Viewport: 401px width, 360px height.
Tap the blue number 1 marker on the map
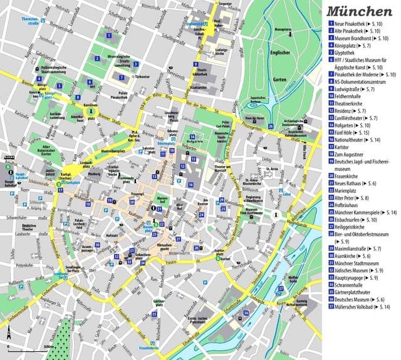point(110,35)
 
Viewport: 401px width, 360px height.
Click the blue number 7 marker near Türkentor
point(121,77)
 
